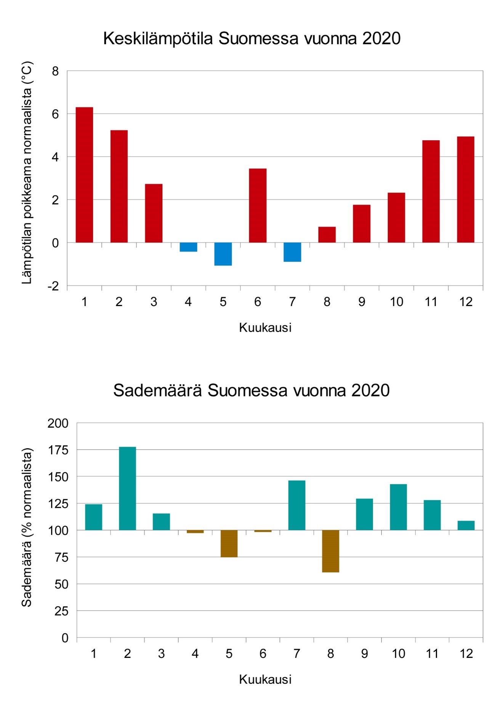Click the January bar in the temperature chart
click(x=84, y=175)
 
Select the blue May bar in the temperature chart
click(x=223, y=254)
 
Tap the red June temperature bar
click(x=258, y=205)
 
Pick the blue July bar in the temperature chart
click(x=292, y=252)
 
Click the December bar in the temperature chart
click(x=466, y=189)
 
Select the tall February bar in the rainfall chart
click(x=127, y=488)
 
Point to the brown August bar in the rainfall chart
click(x=330, y=551)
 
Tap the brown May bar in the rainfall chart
click(x=229, y=544)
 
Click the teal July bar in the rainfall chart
click(x=297, y=505)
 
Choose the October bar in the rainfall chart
click(x=398, y=507)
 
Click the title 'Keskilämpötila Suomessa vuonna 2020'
click(x=252, y=38)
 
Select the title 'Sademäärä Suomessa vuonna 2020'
click(x=251, y=390)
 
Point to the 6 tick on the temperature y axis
click(x=56, y=114)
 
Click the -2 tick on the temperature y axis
click(x=53, y=286)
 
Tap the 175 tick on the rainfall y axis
click(x=58, y=450)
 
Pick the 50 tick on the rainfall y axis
click(x=62, y=584)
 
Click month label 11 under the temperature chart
click(x=431, y=302)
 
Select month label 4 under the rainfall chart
click(x=195, y=654)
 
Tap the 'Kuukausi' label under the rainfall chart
click(x=265, y=679)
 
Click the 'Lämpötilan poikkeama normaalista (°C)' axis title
click(x=27, y=173)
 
